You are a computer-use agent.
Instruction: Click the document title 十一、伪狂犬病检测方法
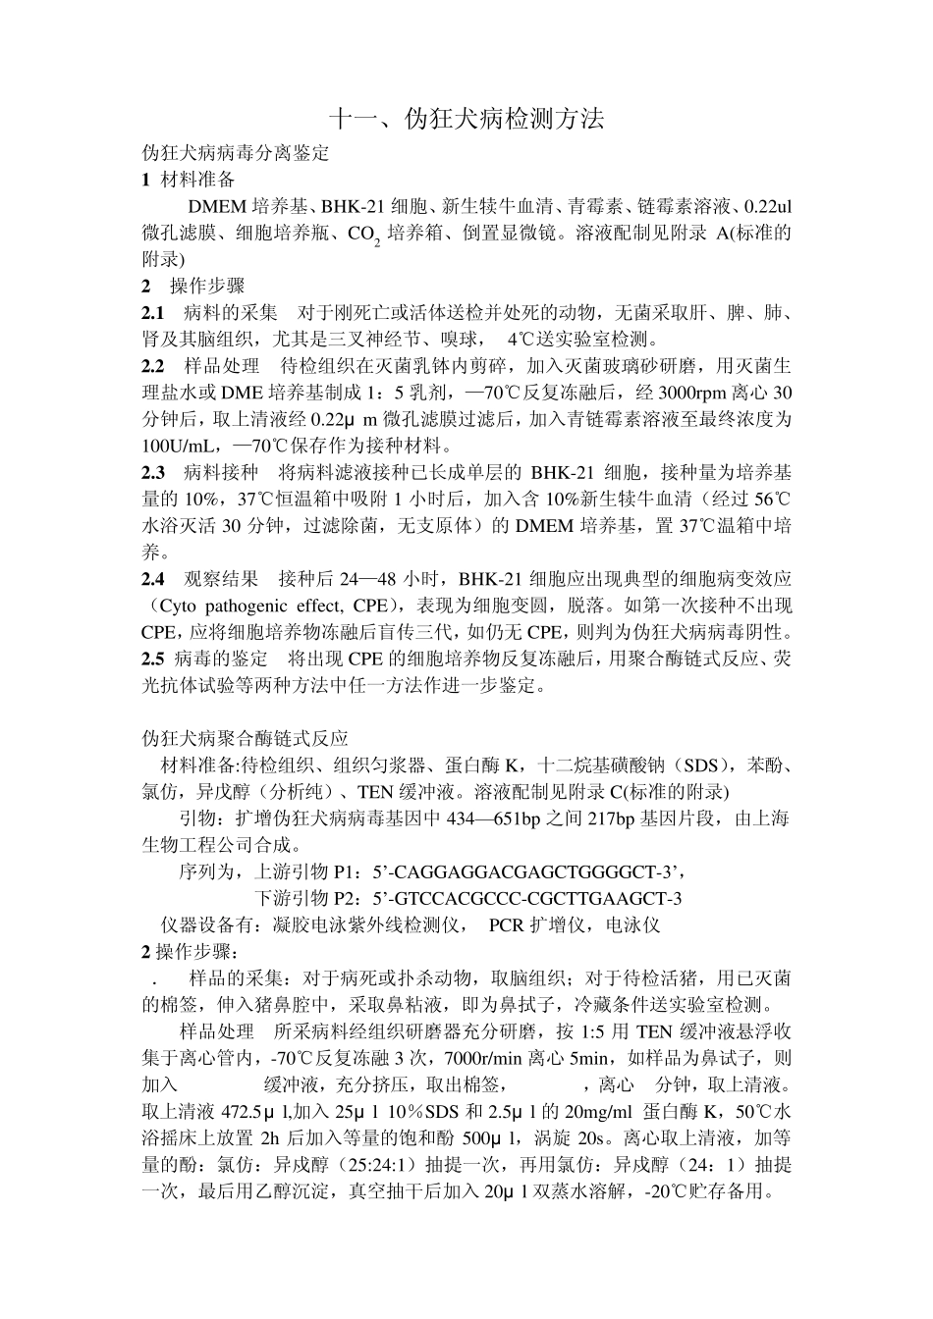click(466, 121)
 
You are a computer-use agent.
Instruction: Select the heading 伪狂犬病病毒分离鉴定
click(235, 153)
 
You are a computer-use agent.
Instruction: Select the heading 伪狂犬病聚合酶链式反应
click(245, 738)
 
